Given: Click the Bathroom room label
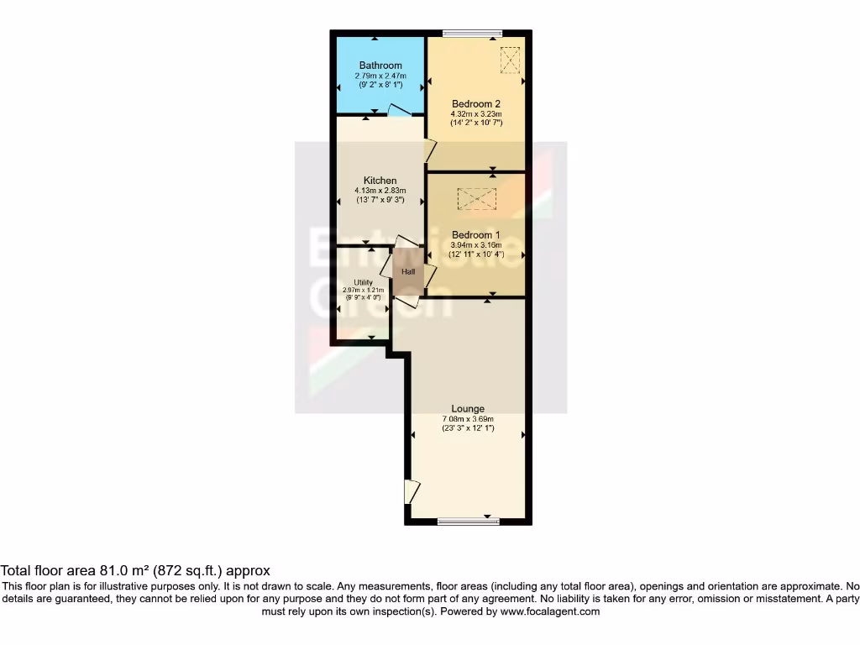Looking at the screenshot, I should pos(380,66).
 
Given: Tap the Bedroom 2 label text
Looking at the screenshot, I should pos(476,104).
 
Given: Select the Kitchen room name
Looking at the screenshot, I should pos(380,181).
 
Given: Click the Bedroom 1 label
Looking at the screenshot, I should pos(476,235).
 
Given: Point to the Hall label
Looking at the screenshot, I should pos(408,272).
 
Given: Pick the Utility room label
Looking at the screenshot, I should pos(363,282).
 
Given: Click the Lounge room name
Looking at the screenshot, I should pos(468,409).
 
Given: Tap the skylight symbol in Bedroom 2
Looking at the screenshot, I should pos(510,59).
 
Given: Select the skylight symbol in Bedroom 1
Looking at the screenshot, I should pos(477,199).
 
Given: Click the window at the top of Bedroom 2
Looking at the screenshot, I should pos(472,34).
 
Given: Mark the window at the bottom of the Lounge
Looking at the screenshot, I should pos(467,522).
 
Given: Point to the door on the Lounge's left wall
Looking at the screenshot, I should pos(411,490).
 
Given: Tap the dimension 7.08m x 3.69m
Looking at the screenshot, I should pos(468,419).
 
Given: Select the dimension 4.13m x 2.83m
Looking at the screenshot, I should pos(380,191).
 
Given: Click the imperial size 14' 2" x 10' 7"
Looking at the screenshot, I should pos(476,123).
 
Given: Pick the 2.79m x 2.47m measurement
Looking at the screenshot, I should pos(380,76).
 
